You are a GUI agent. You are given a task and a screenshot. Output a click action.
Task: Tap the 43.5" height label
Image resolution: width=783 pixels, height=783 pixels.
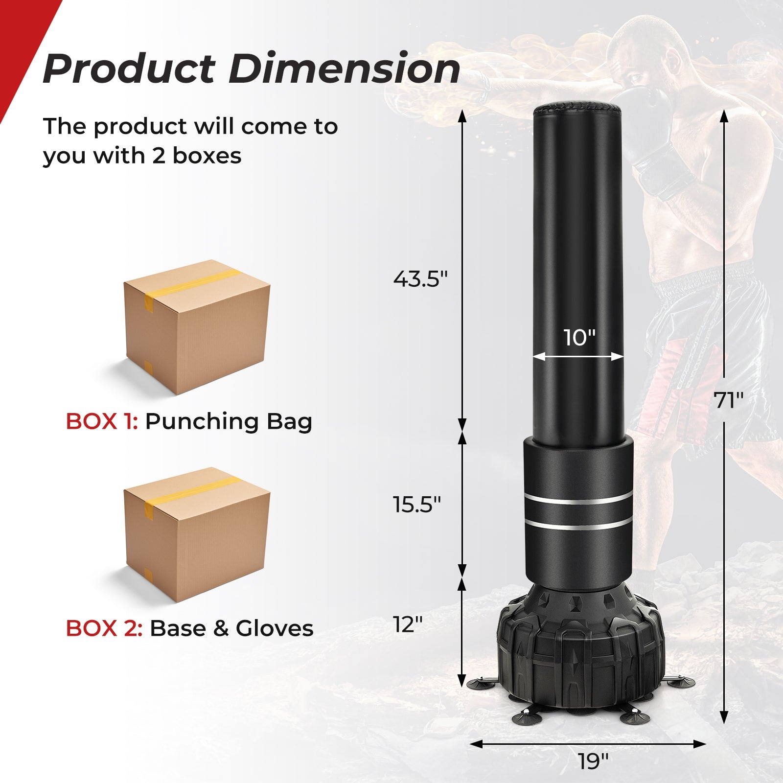coord(420,279)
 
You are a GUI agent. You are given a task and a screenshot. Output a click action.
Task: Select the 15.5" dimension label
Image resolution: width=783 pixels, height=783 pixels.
coord(417,505)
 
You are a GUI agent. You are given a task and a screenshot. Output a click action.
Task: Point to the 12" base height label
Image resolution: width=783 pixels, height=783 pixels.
coord(408,624)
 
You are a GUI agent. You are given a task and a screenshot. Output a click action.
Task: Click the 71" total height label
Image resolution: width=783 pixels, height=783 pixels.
coord(729,400)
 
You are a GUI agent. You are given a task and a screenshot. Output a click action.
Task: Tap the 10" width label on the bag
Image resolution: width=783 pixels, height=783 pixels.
coord(579,338)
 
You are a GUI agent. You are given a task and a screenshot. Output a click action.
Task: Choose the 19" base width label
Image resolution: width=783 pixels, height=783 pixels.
coord(593,761)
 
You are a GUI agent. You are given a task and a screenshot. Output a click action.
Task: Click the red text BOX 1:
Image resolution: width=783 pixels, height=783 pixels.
coord(102,421)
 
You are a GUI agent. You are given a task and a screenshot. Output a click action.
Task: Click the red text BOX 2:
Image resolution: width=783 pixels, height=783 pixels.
coord(104,628)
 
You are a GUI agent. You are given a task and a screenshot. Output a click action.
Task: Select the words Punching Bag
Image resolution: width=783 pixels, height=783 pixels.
coord(229,421)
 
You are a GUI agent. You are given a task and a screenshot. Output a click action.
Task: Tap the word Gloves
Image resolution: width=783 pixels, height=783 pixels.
coord(274,628)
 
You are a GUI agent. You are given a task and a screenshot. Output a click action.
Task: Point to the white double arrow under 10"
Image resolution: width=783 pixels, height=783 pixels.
coord(578,357)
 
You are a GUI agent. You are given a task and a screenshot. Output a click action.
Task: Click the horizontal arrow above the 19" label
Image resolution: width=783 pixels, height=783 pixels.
coord(587,744)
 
